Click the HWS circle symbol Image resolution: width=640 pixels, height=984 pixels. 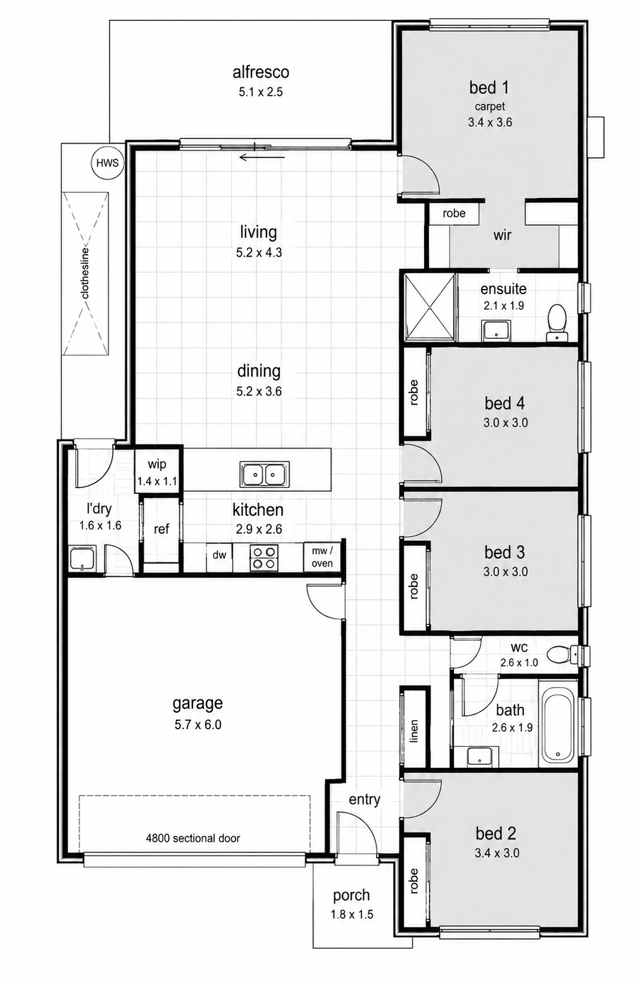(108, 163)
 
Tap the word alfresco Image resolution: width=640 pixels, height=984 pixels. (261, 72)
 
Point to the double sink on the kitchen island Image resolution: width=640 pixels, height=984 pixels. (265, 474)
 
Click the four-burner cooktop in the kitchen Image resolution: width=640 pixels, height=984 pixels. (264, 557)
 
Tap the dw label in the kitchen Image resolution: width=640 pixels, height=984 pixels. (219, 555)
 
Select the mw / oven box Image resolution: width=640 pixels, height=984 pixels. (322, 557)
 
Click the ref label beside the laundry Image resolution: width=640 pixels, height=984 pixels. (161, 529)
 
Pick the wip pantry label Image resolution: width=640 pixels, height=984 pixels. (157, 464)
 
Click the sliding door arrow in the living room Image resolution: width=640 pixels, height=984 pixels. (261, 157)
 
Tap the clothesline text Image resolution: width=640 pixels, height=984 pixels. (85, 273)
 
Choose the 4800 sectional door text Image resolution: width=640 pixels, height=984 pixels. (192, 838)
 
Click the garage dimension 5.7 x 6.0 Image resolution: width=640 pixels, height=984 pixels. (198, 724)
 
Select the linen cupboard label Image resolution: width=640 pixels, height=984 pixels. (413, 731)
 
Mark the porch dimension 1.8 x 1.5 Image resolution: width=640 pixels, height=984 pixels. (351, 914)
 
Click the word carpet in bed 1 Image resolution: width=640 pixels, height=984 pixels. (489, 107)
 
